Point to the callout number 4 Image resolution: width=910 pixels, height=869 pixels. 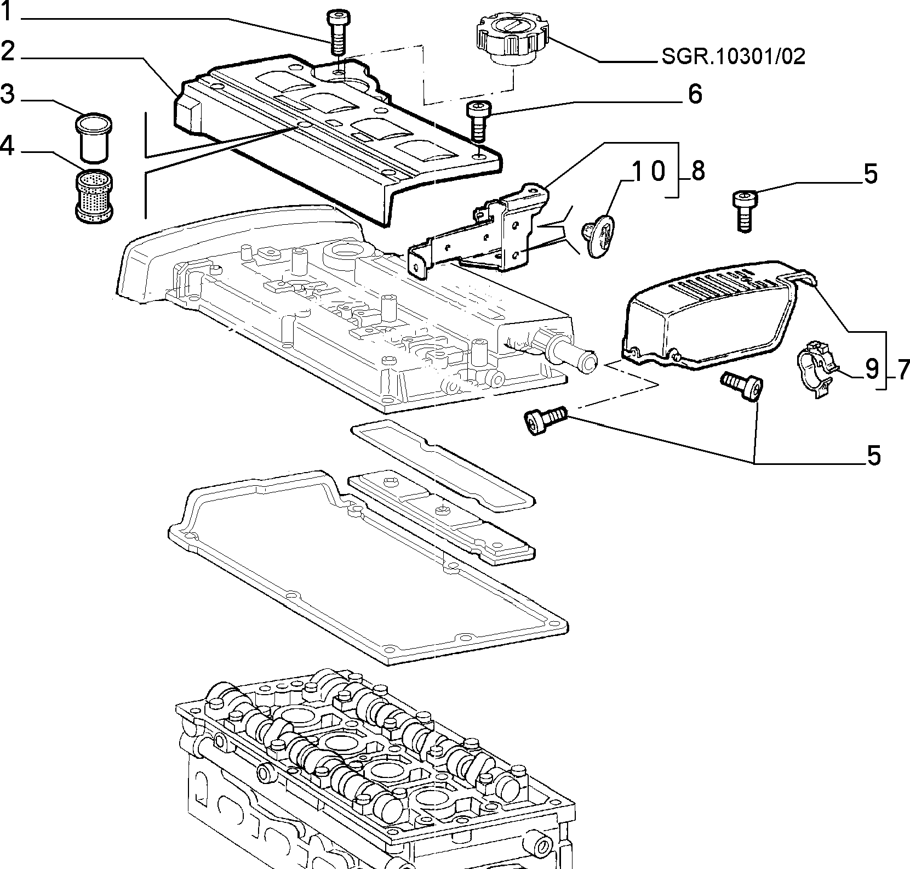coord(8,146)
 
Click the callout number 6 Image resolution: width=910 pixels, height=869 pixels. coord(694,94)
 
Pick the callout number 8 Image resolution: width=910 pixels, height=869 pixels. coord(697,171)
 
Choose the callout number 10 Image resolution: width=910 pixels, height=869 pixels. coord(649,171)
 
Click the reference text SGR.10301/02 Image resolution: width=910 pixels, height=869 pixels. coord(734,56)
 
